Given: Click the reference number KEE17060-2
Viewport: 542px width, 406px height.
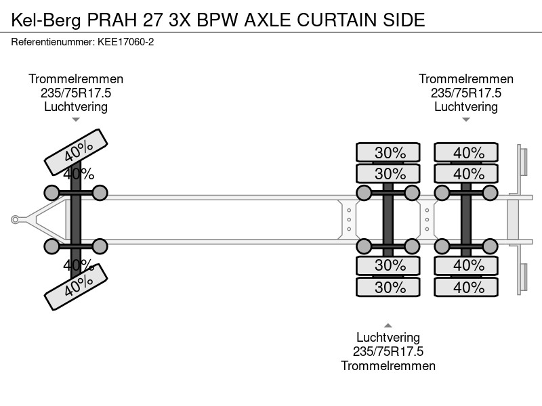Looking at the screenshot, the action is tap(125, 42).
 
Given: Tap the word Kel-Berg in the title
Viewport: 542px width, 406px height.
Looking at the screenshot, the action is tap(46, 20).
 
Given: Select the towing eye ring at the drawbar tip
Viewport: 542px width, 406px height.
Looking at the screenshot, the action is tap(15, 219).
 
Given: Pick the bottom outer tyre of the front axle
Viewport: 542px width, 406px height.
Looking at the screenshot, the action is tap(76, 287).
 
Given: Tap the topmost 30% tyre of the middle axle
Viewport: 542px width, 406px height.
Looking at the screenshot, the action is tap(388, 152).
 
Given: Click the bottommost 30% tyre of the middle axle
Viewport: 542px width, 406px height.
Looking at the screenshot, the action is tap(388, 287).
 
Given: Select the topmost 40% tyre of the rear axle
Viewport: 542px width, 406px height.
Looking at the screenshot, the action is tap(466, 152).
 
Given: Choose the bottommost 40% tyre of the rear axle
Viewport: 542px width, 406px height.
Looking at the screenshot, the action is tap(466, 287).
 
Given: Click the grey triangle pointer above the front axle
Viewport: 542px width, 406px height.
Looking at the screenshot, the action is tap(76, 120).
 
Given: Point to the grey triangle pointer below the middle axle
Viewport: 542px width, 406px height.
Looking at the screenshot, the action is tap(388, 325).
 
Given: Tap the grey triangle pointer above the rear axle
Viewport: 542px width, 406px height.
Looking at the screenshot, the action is tap(466, 120).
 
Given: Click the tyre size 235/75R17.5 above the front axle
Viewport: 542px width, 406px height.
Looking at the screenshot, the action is tap(76, 93).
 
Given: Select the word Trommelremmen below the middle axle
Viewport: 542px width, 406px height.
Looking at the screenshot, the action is tap(388, 365).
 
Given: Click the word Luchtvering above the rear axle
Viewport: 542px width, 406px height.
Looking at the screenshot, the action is tap(466, 107).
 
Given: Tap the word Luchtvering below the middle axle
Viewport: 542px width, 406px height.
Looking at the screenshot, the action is tap(388, 337).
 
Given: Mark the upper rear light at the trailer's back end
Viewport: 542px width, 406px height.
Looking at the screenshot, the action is tap(523, 162).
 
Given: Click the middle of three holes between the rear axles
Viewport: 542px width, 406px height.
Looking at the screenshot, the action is tap(428, 219).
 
